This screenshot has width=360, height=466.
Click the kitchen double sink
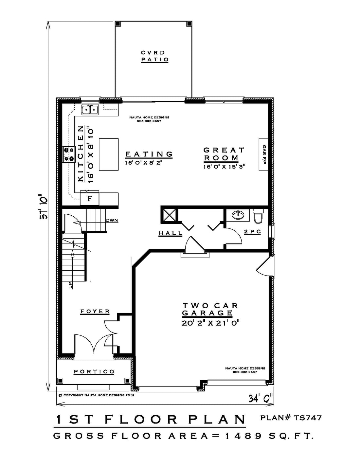(x=90, y=110)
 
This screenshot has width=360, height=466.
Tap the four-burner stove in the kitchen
(x=69, y=154)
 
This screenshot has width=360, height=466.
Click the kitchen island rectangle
(x=109, y=154)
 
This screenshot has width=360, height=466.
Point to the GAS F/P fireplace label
(x=264, y=154)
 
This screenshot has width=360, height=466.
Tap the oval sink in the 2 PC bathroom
(x=238, y=215)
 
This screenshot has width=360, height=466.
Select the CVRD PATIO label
(x=154, y=56)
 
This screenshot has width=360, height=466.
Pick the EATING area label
(x=149, y=154)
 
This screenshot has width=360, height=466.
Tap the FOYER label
(x=95, y=312)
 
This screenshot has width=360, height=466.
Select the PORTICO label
(x=94, y=372)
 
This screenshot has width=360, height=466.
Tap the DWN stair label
(x=112, y=221)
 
